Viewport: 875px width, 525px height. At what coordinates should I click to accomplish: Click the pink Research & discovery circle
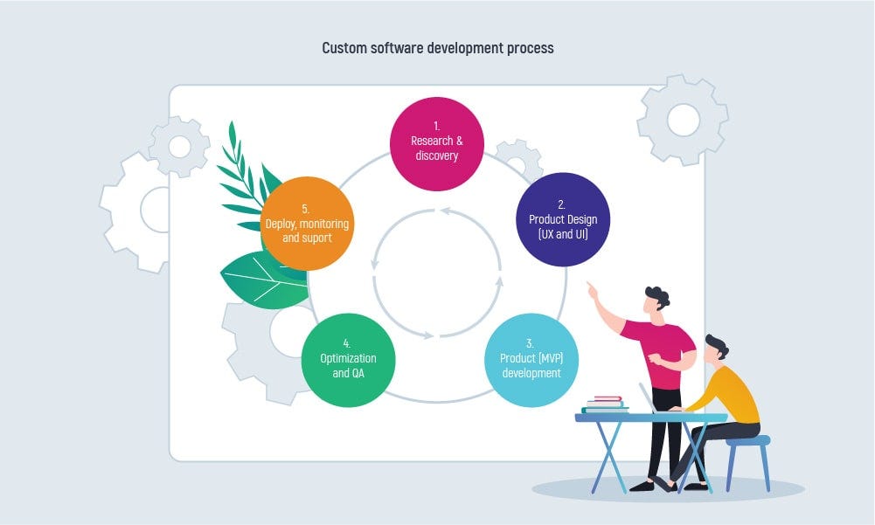(x=437, y=144)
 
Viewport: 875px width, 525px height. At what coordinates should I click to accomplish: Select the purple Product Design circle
(x=563, y=219)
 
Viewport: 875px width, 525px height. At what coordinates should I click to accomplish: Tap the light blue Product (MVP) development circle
(x=531, y=361)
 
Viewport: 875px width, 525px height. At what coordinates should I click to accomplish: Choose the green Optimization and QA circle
(x=348, y=361)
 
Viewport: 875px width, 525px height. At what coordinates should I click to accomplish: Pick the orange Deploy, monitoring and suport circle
(x=307, y=224)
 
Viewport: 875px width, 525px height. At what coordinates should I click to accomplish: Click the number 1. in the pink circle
(x=437, y=127)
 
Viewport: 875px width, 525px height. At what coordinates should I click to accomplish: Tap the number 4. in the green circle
(x=346, y=343)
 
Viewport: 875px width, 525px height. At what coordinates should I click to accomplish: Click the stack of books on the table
(x=606, y=404)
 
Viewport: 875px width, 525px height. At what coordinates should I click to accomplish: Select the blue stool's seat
(x=747, y=440)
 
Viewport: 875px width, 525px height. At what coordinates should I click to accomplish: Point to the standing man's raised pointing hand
(x=592, y=289)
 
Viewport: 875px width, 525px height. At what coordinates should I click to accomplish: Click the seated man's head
(x=716, y=349)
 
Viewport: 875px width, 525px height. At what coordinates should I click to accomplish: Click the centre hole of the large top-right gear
(x=684, y=120)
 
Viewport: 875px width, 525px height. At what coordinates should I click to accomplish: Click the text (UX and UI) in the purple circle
(x=563, y=234)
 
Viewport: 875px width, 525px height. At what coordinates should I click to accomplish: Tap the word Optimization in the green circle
(x=348, y=358)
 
